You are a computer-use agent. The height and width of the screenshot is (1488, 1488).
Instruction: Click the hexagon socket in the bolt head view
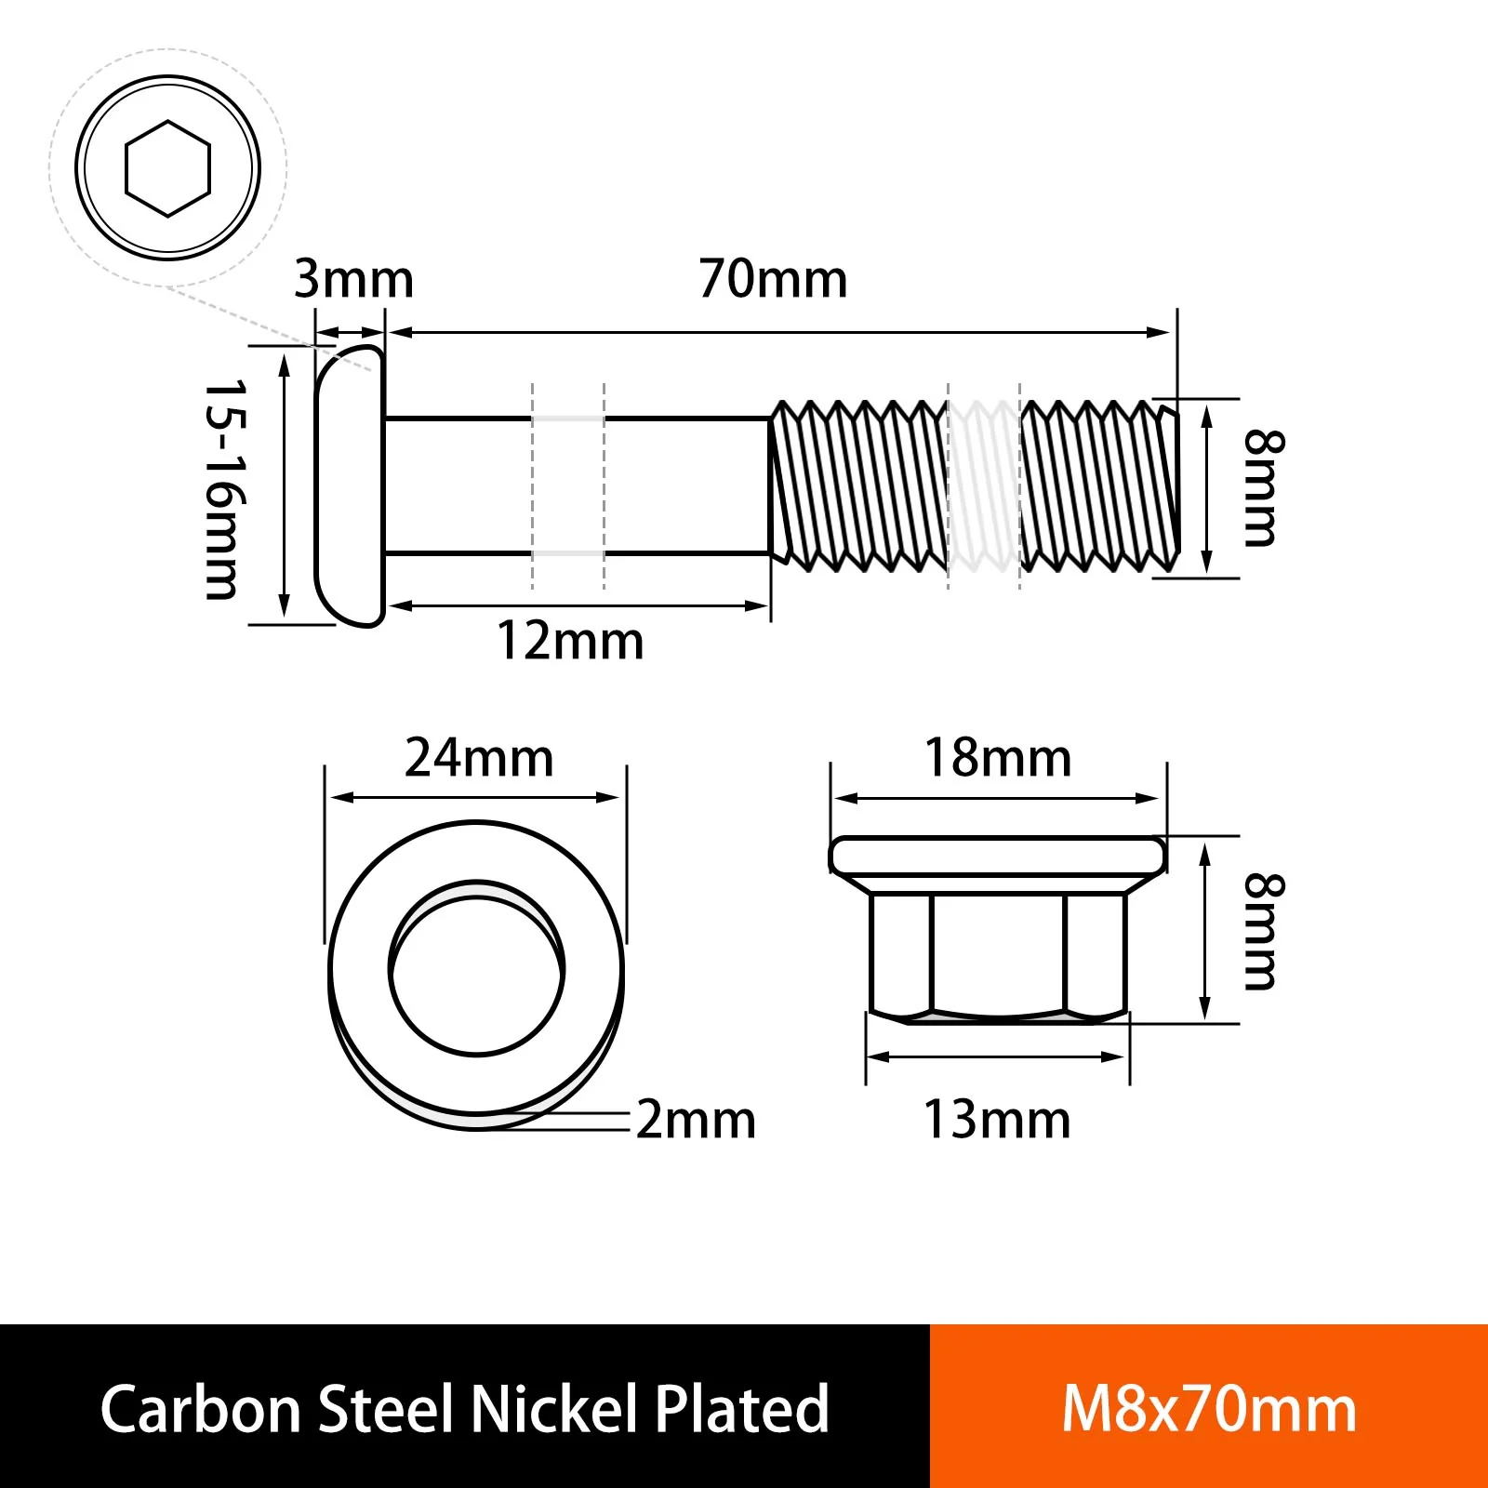tap(168, 168)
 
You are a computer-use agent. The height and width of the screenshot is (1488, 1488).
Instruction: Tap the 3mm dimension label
tap(353, 279)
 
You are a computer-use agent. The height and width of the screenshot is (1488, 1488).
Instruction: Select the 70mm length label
tap(774, 279)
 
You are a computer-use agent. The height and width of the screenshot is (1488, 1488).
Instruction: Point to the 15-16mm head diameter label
tap(226, 489)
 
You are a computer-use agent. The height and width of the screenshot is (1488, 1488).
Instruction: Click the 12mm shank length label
tap(570, 641)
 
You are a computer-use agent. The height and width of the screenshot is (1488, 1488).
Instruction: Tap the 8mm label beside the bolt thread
tap(1264, 488)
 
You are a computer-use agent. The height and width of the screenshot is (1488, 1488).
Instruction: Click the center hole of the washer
tap(476, 971)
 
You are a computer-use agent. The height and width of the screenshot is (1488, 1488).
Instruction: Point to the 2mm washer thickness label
tap(696, 1120)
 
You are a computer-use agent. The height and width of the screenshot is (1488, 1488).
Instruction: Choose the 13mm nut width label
tap(997, 1120)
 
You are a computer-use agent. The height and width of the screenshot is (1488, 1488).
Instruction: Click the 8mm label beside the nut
tap(1264, 932)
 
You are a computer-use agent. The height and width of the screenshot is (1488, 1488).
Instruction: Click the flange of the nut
tap(997, 856)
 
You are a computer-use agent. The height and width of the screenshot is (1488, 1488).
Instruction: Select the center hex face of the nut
tap(997, 954)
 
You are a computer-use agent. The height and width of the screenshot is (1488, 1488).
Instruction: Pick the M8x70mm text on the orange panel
tap(1209, 1410)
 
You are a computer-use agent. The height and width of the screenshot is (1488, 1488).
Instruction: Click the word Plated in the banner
tap(741, 1408)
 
